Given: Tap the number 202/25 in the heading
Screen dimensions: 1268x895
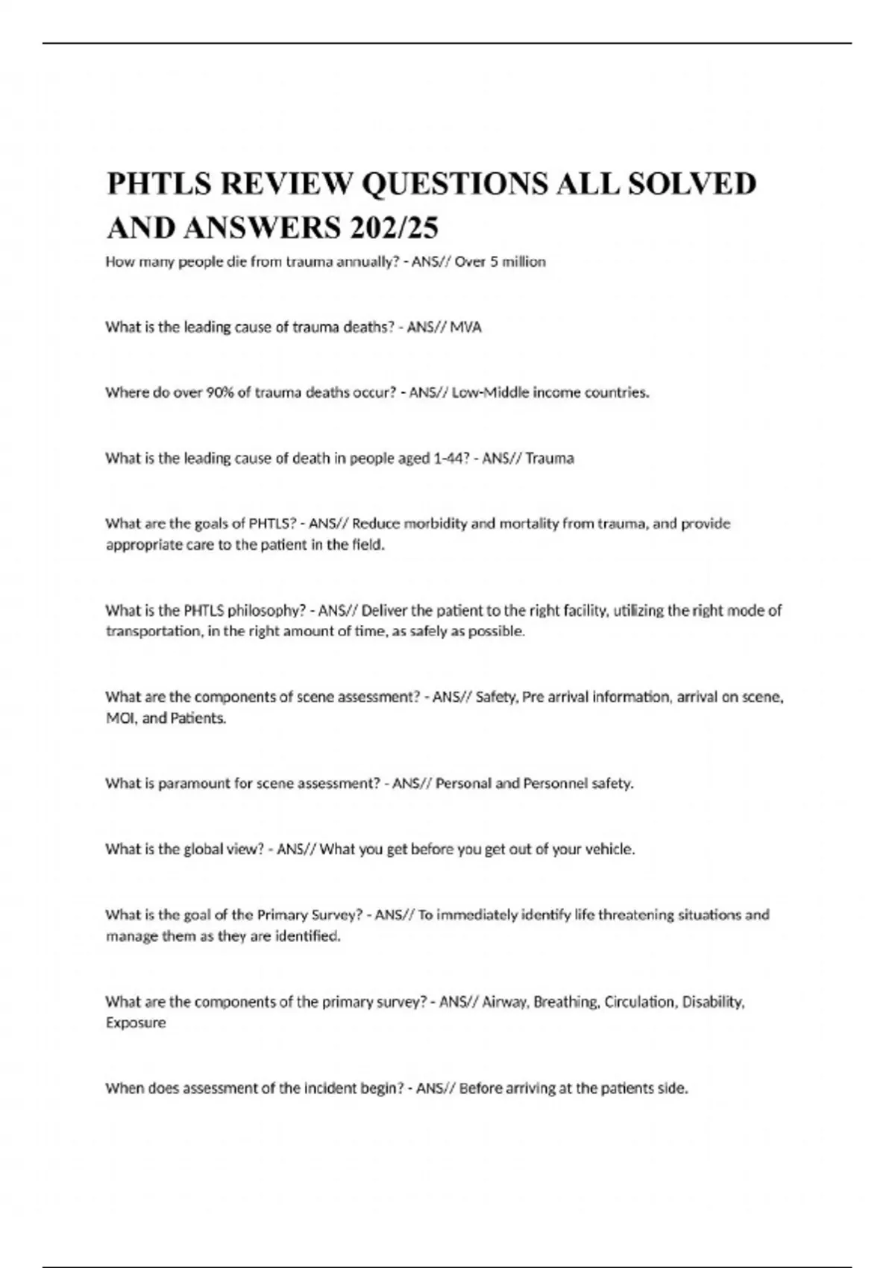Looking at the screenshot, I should [392, 227].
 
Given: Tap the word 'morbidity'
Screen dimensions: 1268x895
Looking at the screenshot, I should [436, 524].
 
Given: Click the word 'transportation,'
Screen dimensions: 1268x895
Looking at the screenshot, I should [148, 632].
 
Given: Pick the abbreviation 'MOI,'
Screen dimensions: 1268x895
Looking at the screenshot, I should [121, 719].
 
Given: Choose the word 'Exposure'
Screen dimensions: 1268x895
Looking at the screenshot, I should [136, 1023].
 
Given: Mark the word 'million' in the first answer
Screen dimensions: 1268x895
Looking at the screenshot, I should [524, 263].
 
